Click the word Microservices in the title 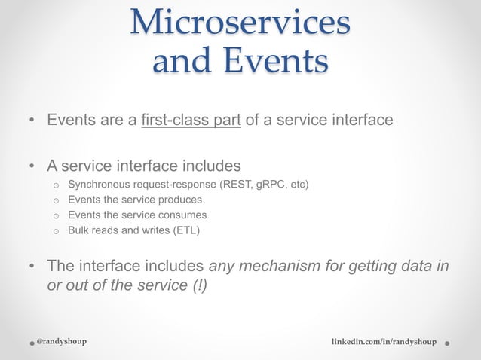240,22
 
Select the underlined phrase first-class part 191,120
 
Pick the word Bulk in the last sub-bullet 79,230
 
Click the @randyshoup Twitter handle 61,341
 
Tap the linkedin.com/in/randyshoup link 384,342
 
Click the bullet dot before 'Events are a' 31,121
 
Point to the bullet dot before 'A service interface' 31,165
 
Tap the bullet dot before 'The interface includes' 31,267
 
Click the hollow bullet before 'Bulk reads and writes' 55,231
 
